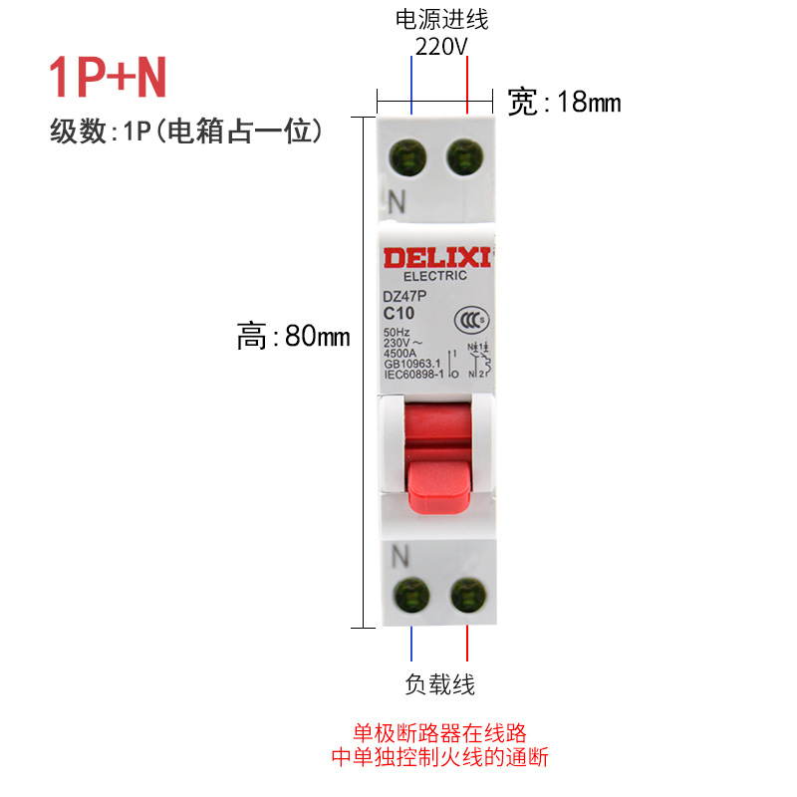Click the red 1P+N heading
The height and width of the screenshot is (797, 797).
109,79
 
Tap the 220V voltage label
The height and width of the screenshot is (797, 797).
441,46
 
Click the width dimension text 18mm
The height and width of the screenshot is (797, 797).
565,103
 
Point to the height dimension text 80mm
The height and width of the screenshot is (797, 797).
294,337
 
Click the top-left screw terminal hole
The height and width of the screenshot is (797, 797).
409,157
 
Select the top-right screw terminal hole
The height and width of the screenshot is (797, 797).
464,157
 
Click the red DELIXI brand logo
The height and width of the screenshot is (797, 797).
436,258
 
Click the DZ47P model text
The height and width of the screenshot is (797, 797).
404,296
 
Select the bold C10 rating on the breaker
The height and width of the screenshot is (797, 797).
400,312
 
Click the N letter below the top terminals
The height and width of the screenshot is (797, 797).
398,201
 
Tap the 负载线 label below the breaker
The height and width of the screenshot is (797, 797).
439,684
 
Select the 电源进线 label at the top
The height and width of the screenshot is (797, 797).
442,19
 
